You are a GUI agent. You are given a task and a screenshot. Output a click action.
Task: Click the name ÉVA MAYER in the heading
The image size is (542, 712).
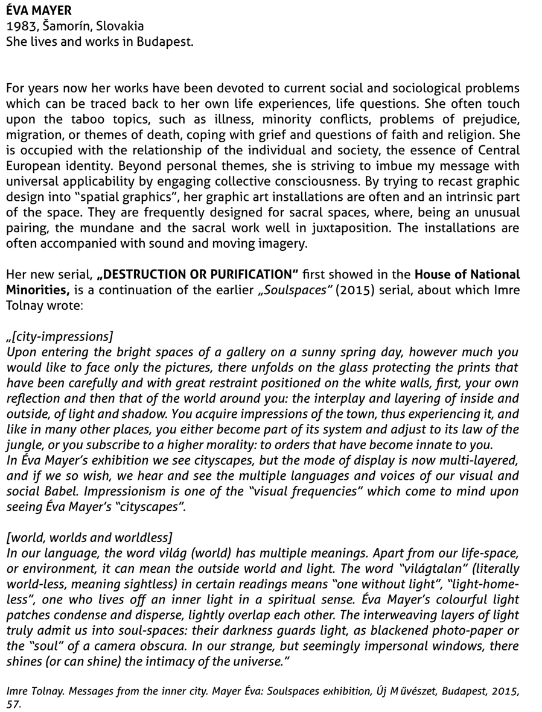39,10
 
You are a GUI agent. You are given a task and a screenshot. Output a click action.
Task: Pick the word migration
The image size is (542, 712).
35,135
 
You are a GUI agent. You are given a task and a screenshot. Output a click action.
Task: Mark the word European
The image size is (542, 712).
34,166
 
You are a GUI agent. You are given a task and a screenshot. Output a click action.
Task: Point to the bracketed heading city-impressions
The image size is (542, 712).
60,336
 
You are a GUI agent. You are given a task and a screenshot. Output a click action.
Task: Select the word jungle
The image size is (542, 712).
25,445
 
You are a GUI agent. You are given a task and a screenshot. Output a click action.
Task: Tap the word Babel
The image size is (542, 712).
66,491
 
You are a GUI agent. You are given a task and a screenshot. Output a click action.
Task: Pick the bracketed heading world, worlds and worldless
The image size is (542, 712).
89,538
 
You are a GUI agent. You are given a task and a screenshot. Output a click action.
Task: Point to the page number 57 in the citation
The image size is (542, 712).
13,704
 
